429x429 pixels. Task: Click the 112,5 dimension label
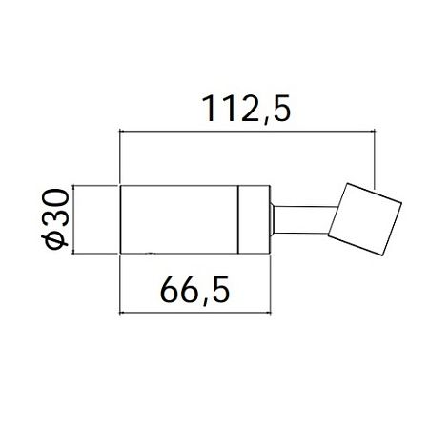246,109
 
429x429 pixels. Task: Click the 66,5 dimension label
194,290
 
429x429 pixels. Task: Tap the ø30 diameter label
55,219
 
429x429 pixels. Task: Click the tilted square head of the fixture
365,219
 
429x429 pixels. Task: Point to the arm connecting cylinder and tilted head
303,220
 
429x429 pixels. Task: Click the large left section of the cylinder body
179,219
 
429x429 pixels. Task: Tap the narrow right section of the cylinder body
254,219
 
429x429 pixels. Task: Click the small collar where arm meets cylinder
272,219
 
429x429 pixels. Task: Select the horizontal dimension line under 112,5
247,131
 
